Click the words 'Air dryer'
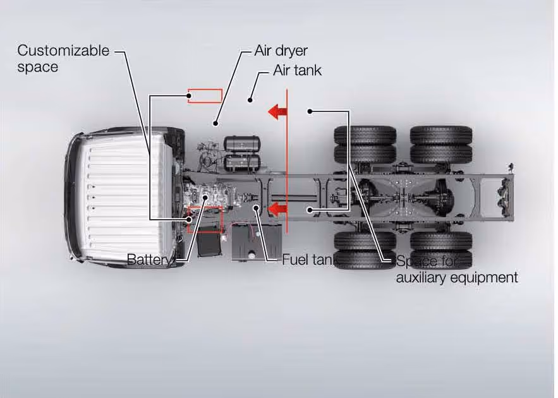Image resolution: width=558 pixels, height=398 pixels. (281, 51)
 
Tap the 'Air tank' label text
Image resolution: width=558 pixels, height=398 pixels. (297, 70)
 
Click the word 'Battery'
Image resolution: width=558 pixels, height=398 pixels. (149, 259)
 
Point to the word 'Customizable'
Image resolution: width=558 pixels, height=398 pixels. (63, 51)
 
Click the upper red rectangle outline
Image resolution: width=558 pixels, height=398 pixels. (205, 96)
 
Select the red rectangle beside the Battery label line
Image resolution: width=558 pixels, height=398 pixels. (205, 219)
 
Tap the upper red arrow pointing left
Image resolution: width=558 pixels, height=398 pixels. (277, 112)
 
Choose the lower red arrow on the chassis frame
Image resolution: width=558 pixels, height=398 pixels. (277, 208)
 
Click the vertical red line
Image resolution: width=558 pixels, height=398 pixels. (288, 158)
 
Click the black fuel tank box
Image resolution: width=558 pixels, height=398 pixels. (257, 242)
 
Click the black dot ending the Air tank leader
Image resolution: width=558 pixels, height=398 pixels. (251, 99)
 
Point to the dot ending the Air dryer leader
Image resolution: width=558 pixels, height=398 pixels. (215, 123)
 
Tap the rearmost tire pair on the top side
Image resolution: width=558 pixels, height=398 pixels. (441, 145)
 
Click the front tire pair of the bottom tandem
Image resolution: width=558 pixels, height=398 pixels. (365, 250)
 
